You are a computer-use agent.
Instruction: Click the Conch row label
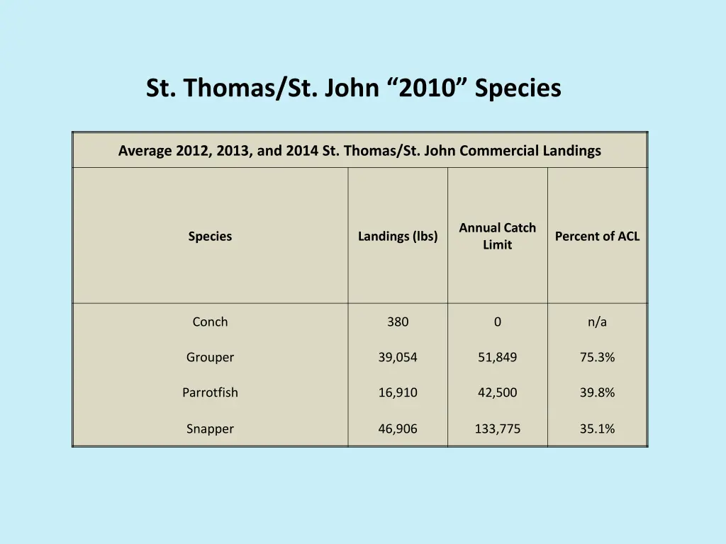[x=210, y=322]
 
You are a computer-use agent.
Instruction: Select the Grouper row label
[x=210, y=357]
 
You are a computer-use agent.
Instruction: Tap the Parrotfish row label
[x=210, y=392]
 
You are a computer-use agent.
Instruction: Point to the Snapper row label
[x=210, y=429]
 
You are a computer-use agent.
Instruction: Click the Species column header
[x=210, y=237]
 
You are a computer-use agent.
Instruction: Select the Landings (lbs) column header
[x=398, y=237]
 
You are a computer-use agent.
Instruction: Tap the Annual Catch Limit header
[x=497, y=237]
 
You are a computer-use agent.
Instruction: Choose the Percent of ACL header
[x=597, y=237]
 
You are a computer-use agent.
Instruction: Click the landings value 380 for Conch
[x=398, y=322]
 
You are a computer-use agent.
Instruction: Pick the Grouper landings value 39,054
[x=398, y=357]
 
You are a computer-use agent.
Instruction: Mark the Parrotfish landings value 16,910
[x=398, y=392]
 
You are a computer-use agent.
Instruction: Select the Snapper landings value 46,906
[x=398, y=429]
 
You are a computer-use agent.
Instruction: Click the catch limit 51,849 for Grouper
[x=497, y=357]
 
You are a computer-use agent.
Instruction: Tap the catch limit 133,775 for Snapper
[x=497, y=429]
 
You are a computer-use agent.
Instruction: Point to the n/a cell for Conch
[x=597, y=322]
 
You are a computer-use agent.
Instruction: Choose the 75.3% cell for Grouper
[x=597, y=357]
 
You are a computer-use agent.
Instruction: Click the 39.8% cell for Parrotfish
[x=597, y=392]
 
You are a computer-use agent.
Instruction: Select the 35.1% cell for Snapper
[x=597, y=429]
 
